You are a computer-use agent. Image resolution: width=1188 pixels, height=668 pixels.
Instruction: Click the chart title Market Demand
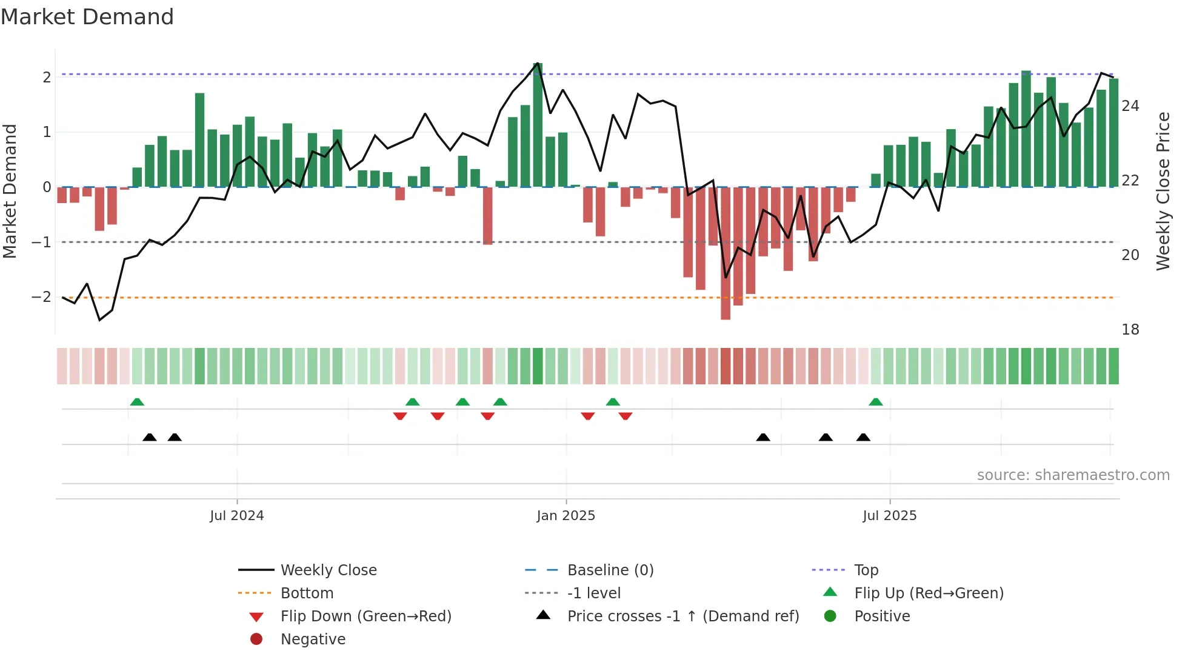pyautogui.click(x=87, y=16)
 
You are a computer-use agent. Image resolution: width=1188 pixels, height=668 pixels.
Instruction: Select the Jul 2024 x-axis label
pyautogui.click(x=236, y=516)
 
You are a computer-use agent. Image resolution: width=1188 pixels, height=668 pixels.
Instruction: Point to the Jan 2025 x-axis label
pyautogui.click(x=566, y=516)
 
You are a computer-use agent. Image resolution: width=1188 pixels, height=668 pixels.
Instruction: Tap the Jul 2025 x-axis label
pyautogui.click(x=889, y=516)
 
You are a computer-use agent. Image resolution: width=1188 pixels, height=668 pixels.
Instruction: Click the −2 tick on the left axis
pyautogui.click(x=41, y=297)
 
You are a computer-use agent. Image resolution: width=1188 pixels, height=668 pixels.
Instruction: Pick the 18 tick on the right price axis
pyautogui.click(x=1130, y=330)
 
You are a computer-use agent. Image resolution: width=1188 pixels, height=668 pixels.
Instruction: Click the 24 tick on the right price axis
pyautogui.click(x=1130, y=106)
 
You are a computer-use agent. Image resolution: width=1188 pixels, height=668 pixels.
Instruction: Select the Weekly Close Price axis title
pyautogui.click(x=1163, y=191)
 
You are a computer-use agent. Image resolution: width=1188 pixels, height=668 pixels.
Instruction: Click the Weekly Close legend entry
pyautogui.click(x=328, y=570)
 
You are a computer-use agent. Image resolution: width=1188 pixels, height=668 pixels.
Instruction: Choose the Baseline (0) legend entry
pyautogui.click(x=610, y=570)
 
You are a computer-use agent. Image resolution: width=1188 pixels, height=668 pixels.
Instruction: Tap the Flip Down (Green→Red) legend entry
pyautogui.click(x=365, y=616)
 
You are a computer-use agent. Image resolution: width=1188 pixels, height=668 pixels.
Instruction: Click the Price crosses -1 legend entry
pyautogui.click(x=682, y=616)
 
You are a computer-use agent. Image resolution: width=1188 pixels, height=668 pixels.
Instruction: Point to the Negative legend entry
pyautogui.click(x=313, y=640)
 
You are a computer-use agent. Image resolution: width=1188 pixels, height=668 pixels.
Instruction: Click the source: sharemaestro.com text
pyautogui.click(x=1073, y=475)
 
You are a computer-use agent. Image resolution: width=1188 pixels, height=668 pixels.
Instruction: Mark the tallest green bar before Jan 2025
pyautogui.click(x=538, y=124)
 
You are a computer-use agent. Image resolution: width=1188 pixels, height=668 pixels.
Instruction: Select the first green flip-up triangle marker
pyautogui.click(x=137, y=402)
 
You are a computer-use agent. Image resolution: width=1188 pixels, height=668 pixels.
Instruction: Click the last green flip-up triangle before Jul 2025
pyautogui.click(x=875, y=402)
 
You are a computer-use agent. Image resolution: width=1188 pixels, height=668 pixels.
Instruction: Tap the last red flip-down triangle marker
pyautogui.click(x=626, y=416)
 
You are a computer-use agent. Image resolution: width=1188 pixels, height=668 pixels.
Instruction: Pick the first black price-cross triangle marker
pyautogui.click(x=150, y=437)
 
